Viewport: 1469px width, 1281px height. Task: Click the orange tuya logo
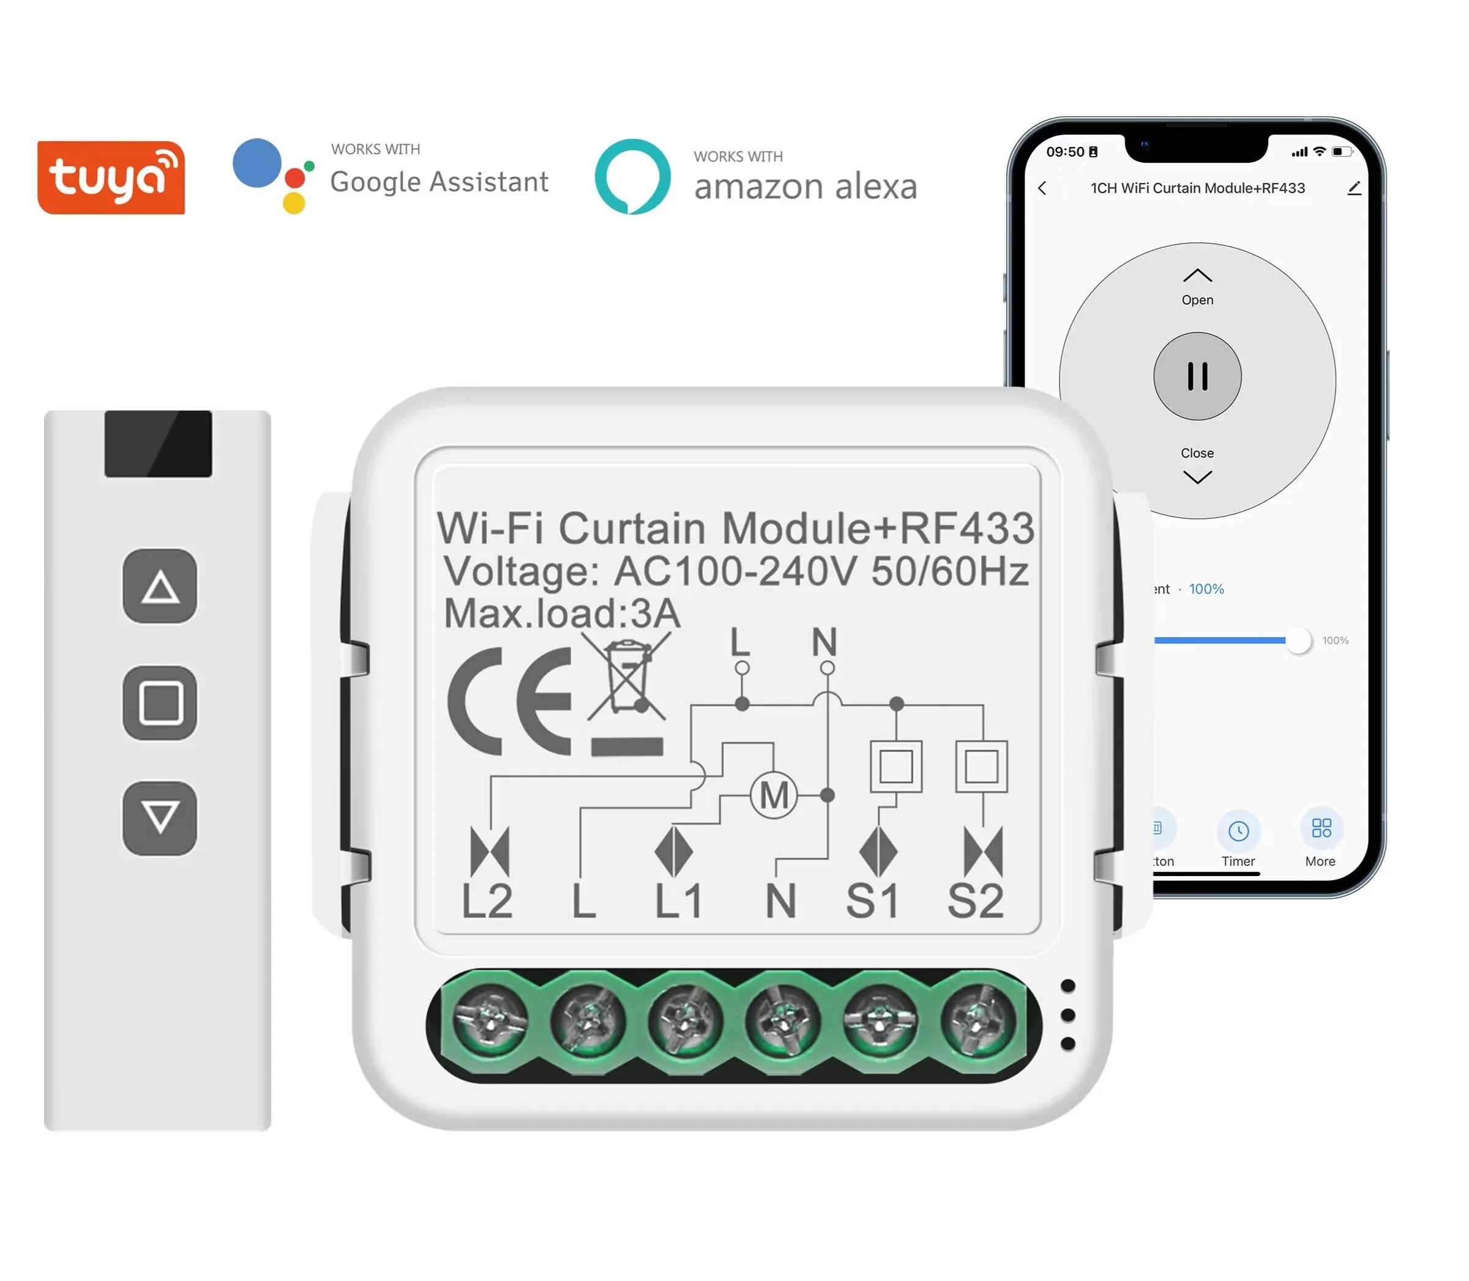111,177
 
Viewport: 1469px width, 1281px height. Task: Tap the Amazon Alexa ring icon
632,176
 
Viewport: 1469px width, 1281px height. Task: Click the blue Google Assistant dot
256,163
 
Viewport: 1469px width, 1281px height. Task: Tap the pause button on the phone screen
1197,376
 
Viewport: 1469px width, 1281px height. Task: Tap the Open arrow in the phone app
1197,276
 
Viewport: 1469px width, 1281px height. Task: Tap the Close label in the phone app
1197,453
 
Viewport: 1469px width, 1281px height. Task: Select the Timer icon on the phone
1238,831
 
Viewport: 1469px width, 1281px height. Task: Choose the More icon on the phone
1321,828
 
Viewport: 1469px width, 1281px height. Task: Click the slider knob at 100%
1298,640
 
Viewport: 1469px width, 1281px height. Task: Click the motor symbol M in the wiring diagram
773,795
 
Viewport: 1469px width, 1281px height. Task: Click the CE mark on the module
510,701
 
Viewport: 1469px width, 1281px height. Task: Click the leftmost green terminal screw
491,1020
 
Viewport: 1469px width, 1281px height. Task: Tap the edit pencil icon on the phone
1353,188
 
